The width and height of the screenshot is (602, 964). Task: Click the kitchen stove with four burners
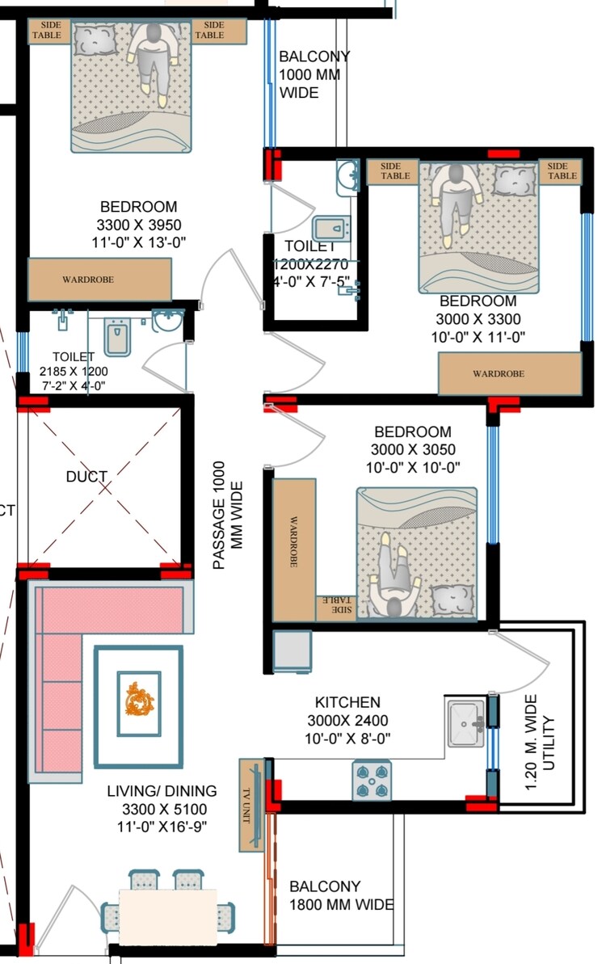372,781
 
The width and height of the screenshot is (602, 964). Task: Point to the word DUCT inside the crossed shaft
86,477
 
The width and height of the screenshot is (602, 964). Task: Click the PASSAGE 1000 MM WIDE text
227,516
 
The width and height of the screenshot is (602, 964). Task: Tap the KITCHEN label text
347,703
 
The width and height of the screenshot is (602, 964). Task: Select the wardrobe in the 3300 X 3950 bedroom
99,280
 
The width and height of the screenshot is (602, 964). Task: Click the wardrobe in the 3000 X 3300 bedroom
510,373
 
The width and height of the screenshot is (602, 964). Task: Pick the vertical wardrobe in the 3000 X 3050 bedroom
294,550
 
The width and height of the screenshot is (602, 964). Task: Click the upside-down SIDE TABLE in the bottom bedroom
336,605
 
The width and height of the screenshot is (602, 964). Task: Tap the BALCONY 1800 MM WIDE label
341,895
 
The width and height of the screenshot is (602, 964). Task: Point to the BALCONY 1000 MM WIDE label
314,74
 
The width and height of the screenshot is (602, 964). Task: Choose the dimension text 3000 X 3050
412,450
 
